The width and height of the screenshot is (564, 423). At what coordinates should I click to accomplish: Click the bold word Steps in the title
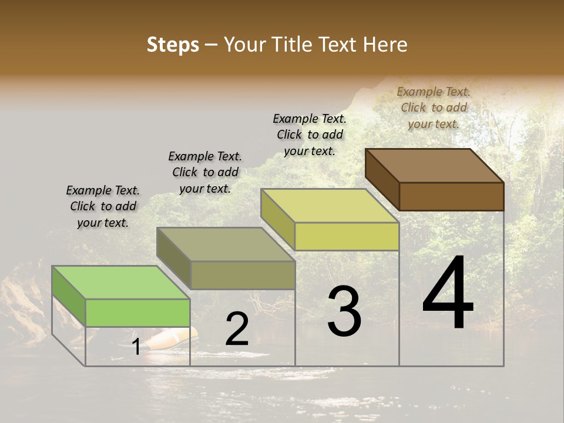173,45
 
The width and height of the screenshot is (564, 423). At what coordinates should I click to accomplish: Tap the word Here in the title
386,45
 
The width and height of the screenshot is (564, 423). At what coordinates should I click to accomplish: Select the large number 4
448,294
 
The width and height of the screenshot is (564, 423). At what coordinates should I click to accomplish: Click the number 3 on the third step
344,311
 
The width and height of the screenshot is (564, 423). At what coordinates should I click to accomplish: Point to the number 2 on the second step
237,330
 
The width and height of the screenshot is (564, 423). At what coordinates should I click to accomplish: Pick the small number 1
136,347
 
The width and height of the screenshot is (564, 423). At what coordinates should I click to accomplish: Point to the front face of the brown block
451,196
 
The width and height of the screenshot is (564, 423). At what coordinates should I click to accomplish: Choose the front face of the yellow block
347,236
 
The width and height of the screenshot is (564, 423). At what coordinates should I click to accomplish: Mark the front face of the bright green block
137,313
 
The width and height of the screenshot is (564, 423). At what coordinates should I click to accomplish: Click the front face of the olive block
243,275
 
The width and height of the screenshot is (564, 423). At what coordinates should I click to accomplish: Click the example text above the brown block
434,108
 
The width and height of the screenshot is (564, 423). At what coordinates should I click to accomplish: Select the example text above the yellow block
310,135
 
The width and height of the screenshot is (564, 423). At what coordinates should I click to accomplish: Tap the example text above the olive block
205,172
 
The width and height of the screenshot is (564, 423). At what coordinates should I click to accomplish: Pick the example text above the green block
103,206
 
